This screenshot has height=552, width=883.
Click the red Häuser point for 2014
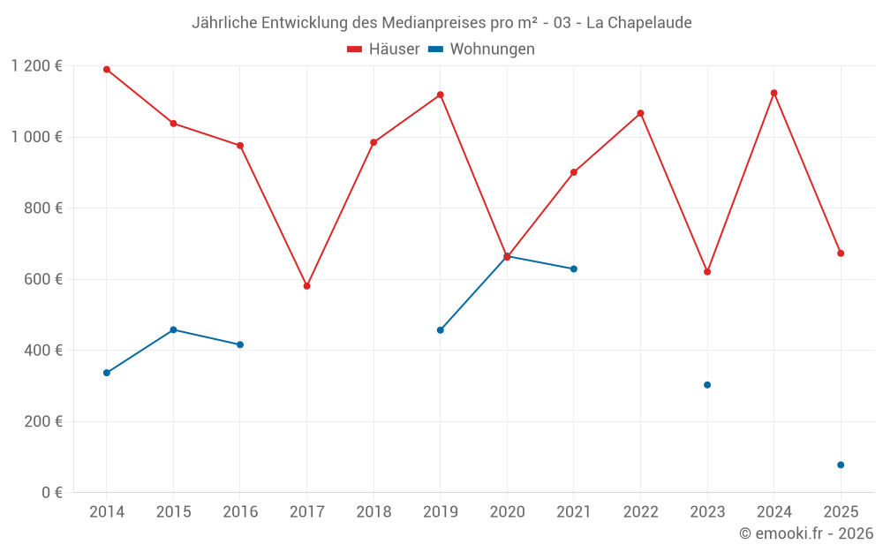(x=107, y=70)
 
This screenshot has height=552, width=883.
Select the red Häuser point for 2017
(x=307, y=286)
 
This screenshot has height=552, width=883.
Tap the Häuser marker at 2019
(x=441, y=95)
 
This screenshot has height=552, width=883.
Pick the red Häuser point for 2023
(x=707, y=272)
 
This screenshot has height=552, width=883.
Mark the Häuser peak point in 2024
(x=774, y=93)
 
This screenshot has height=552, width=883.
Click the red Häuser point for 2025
(x=841, y=253)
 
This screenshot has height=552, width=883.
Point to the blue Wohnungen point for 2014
(x=107, y=373)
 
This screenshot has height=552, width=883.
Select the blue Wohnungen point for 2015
(x=173, y=329)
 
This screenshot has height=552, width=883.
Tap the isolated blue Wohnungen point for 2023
(x=707, y=385)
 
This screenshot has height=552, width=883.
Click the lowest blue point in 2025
(x=841, y=465)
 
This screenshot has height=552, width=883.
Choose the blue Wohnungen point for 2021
(x=574, y=268)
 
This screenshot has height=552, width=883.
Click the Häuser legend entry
(x=383, y=49)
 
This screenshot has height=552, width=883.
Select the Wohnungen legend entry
(x=482, y=49)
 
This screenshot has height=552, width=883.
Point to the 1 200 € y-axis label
(x=37, y=65)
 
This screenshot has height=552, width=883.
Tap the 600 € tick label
(x=44, y=279)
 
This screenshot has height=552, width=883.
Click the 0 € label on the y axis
(x=51, y=492)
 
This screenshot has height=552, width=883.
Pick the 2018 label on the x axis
(x=374, y=512)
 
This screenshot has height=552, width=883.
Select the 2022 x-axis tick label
(x=640, y=512)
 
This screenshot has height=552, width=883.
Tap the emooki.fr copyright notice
(x=806, y=533)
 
